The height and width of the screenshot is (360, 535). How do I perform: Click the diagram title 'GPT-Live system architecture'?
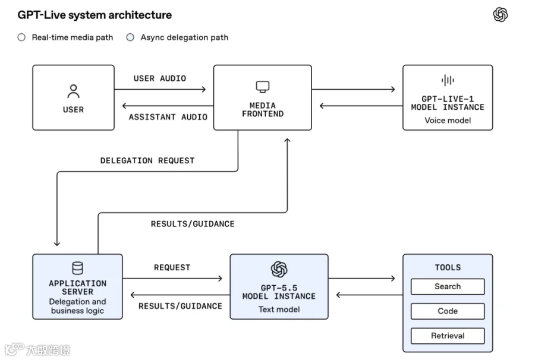point(95,15)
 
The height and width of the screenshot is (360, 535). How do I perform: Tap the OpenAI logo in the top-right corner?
point(500,15)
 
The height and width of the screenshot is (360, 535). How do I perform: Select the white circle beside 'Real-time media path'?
point(21,37)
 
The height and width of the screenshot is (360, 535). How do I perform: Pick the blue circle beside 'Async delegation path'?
point(130,37)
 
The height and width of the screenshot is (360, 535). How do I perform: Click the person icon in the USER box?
point(73,91)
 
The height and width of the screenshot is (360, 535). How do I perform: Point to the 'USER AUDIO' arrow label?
point(160,78)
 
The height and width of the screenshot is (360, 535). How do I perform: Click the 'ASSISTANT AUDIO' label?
point(168,117)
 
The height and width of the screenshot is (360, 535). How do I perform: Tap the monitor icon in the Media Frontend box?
point(263,87)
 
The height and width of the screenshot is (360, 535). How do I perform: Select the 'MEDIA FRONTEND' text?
point(263,109)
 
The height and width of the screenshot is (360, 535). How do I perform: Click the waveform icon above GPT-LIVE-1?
point(448,80)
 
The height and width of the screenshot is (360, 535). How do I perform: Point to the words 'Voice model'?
point(448,121)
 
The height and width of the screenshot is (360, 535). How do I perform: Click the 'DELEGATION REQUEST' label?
point(147,160)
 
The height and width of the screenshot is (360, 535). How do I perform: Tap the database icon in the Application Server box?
point(77,268)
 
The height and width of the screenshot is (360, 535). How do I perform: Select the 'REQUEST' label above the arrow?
point(172,267)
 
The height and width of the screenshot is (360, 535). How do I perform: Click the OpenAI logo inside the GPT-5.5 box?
point(279,269)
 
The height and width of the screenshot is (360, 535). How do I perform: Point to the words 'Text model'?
point(279,309)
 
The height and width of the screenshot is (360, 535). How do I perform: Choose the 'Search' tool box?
point(448,286)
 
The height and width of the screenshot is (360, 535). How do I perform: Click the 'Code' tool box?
point(448,311)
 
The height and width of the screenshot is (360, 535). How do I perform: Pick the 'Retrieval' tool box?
point(448,336)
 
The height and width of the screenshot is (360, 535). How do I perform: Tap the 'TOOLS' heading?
point(448,267)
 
